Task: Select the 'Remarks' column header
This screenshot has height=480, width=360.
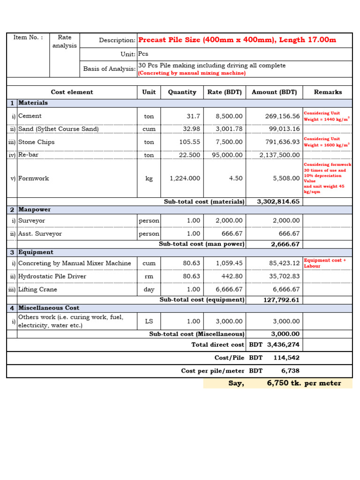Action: pos(328,92)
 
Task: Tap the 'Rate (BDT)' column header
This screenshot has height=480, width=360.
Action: pos(225,92)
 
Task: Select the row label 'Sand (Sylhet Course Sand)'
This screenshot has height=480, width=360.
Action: pos(59,129)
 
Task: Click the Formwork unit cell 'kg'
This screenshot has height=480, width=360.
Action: pos(149,179)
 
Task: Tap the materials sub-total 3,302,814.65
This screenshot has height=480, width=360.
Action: pos(278,202)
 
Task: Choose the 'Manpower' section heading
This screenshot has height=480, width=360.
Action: pos(35,210)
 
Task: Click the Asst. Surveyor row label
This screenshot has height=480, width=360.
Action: pos(40,234)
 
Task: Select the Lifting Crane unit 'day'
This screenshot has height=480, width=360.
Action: pos(149,290)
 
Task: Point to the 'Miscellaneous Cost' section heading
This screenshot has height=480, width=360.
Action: pos(49,308)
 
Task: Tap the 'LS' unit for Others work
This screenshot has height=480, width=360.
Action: pos(149,322)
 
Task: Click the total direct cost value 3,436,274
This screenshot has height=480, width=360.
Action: pos(283,345)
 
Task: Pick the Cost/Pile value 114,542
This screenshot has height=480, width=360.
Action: pos(286,358)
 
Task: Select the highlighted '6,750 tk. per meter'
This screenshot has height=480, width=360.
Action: pos(304,383)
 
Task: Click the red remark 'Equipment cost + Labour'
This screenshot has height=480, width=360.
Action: pos(325,263)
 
